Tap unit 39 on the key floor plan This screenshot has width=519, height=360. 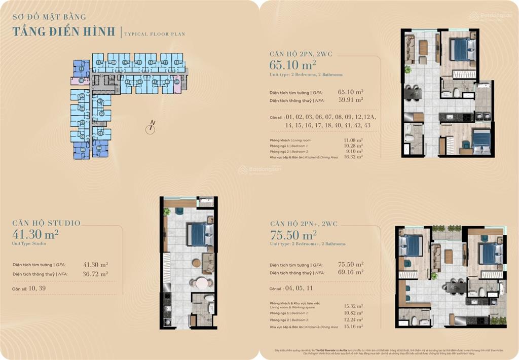click(177, 82)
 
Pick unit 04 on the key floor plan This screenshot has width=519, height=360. click(99, 148)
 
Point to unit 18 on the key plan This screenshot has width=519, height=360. click(176, 63)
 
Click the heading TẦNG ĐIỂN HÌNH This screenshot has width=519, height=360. click(64, 31)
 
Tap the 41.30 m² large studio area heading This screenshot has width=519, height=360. click(35, 234)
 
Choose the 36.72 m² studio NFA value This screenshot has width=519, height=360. click(95, 274)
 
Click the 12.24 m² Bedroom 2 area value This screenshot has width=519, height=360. click(353, 320)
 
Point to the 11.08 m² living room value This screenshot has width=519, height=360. click(353, 140)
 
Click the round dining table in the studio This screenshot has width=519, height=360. click(202, 282)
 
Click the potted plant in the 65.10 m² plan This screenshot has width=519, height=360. click(407, 69)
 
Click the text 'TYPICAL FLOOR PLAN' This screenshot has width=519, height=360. click(155, 34)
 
